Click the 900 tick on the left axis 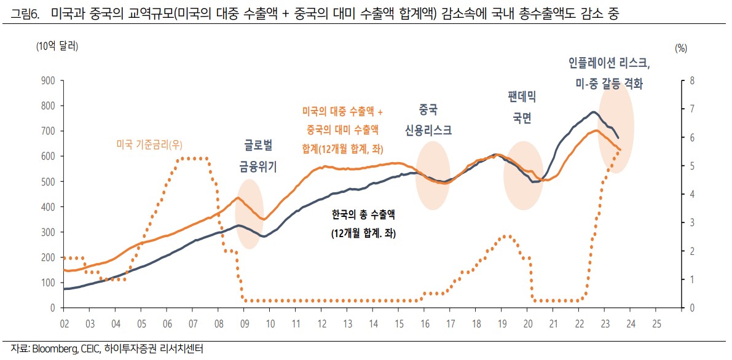[49, 80]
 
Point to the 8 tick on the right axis [692, 80]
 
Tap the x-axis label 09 [244, 323]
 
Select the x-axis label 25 [656, 323]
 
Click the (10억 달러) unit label [57, 45]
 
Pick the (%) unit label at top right [680, 48]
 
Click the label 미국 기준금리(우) [154, 145]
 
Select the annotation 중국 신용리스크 [428, 120]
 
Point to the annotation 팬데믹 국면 [522, 106]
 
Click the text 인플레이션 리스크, [609, 64]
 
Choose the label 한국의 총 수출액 [363, 216]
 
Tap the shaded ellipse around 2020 [524, 176]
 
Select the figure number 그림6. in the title [25, 13]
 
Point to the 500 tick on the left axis [49, 181]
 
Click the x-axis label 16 [424, 323]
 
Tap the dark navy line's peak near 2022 [592, 112]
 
